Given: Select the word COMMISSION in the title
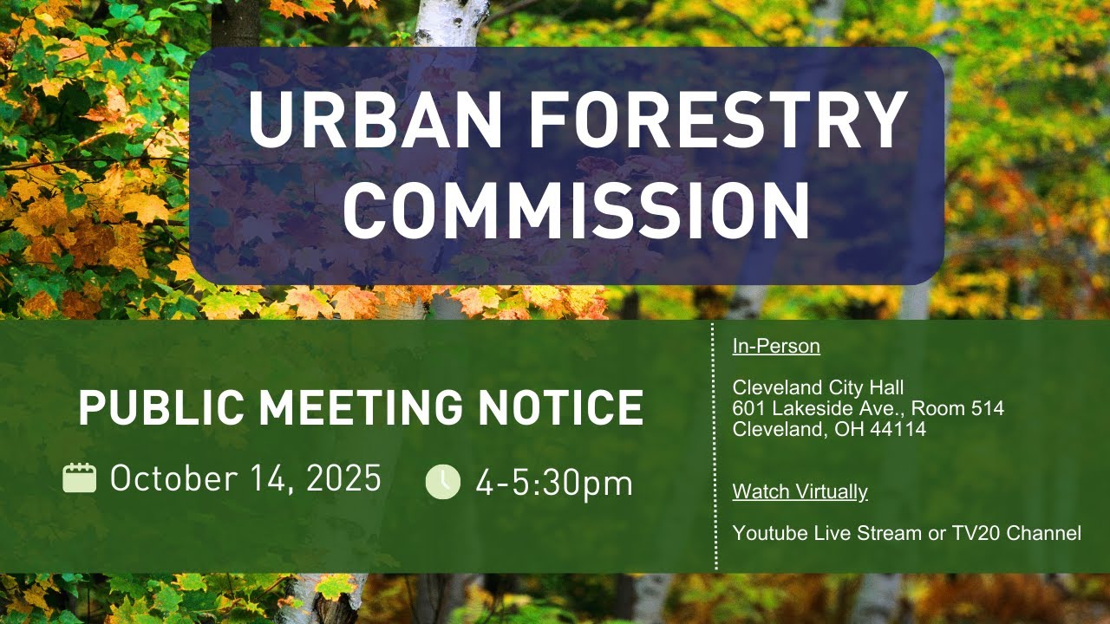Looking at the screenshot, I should (x=576, y=210).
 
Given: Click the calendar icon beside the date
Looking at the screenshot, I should (x=80, y=478).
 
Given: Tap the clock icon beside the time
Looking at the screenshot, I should (x=443, y=482).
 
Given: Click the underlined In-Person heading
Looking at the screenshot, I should (x=776, y=347).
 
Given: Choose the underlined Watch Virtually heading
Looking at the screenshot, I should (x=800, y=492).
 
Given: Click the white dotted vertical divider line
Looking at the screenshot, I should (x=715, y=451).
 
